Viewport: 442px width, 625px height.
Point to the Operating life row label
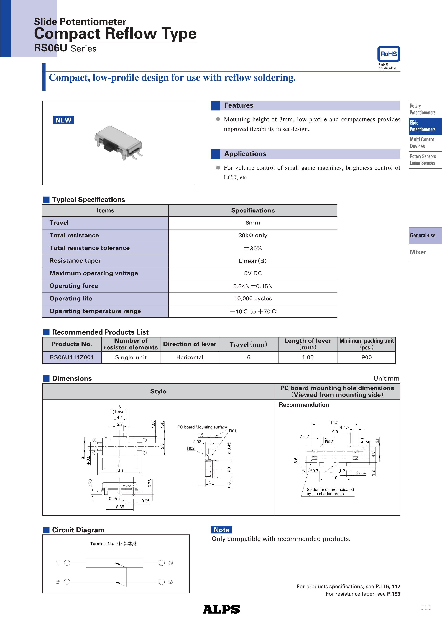click(x=71, y=299)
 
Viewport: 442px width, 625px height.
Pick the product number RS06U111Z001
click(x=72, y=357)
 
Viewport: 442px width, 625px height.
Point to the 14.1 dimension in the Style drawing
click(x=120, y=471)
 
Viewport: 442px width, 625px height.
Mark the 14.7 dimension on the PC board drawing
click(x=334, y=422)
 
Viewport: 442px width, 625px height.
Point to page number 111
click(x=426, y=608)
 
